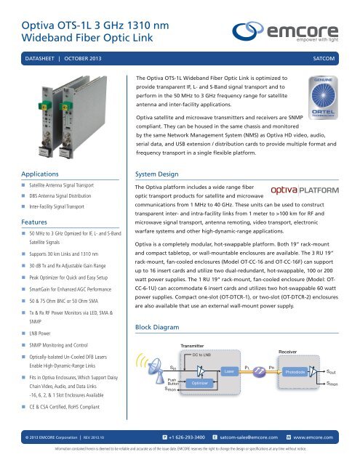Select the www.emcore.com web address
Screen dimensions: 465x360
coord(324,439)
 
